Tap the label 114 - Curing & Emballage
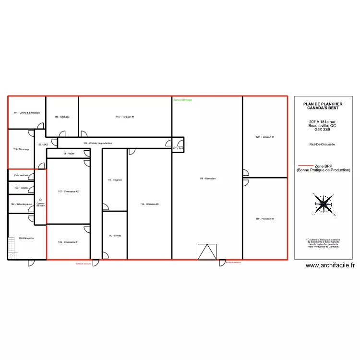click(x=27, y=113)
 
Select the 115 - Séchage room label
click(x=62, y=117)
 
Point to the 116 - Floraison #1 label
click(x=125, y=117)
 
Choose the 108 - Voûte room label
click(x=68, y=154)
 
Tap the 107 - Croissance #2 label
click(x=68, y=192)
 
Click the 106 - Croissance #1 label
click(x=68, y=242)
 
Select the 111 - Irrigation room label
click(x=115, y=180)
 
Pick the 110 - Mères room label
click(x=114, y=236)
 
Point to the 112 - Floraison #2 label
click(x=149, y=204)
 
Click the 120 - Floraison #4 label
click(x=265, y=137)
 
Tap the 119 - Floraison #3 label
click(x=265, y=219)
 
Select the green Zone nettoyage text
click(x=182, y=100)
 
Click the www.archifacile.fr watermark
click(x=330, y=265)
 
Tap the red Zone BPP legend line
click(x=306, y=166)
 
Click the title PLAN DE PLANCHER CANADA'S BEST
click(x=323, y=106)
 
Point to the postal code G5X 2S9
click(x=323, y=130)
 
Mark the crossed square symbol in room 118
click(x=207, y=252)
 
